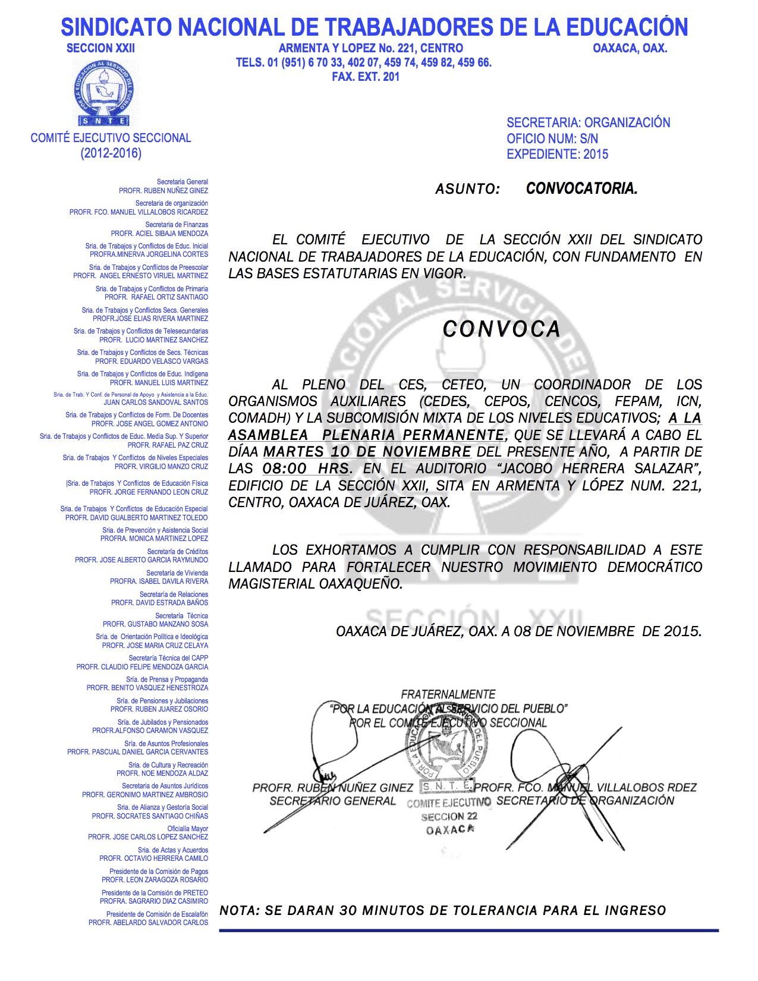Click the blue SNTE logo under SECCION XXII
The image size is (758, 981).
pyautogui.click(x=105, y=92)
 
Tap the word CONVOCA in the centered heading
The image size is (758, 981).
pyautogui.click(x=501, y=329)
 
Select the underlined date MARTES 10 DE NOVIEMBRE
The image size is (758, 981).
pyautogui.click(x=367, y=452)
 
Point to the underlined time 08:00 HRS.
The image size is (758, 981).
pyautogui.click(x=307, y=469)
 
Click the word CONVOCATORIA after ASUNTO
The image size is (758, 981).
pyautogui.click(x=581, y=189)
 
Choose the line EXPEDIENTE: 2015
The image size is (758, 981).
pyautogui.click(x=557, y=155)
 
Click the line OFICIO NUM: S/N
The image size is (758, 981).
pyautogui.click(x=552, y=139)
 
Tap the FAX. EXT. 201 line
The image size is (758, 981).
pyautogui.click(x=366, y=77)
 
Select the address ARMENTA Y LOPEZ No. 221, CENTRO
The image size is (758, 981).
pyautogui.click(x=370, y=48)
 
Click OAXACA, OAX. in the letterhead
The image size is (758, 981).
pyautogui.click(x=630, y=48)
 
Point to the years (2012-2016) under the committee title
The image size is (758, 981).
pyautogui.click(x=111, y=153)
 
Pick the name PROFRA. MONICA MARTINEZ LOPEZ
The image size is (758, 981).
pyautogui.click(x=154, y=539)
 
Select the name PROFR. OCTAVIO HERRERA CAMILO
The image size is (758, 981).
pyautogui.click(x=153, y=859)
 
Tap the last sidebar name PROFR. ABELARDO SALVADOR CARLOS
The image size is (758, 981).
pyautogui.click(x=148, y=923)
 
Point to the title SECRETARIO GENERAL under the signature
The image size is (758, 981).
pyautogui.click(x=332, y=801)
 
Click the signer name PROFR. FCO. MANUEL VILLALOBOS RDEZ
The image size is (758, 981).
pyautogui.click(x=585, y=788)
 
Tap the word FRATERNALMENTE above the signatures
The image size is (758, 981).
pyautogui.click(x=448, y=694)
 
